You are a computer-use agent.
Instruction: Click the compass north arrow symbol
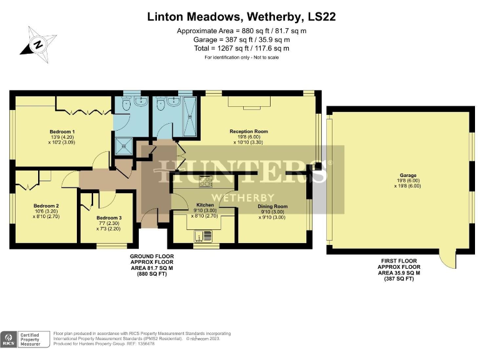pyautogui.click(x=38, y=44)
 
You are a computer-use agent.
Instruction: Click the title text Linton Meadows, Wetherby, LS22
pyautogui.click(x=241, y=17)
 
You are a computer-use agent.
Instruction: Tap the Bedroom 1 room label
pyautogui.click(x=62, y=132)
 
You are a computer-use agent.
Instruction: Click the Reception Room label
pyautogui.click(x=248, y=131)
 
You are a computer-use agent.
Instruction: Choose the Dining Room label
pyautogui.click(x=272, y=206)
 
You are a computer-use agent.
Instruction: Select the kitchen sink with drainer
pyautogui.click(x=203, y=236)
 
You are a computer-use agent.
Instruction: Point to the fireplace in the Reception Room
pyautogui.click(x=248, y=103)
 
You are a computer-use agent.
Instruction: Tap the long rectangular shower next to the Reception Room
pyautogui.click(x=187, y=116)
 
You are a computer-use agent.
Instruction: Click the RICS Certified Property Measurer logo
pyautogui.click(x=25, y=339)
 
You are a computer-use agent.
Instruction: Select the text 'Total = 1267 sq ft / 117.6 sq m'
pyautogui.click(x=241, y=48)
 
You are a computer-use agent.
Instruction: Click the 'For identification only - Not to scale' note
pyautogui.click(x=241, y=57)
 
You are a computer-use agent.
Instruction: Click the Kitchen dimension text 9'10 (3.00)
pyautogui.click(x=205, y=211)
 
